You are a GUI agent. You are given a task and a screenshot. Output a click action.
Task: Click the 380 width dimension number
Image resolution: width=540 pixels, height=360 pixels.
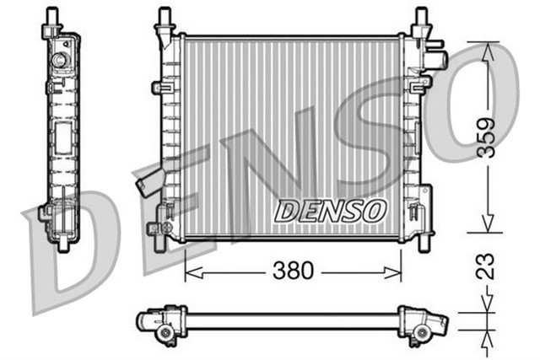292,271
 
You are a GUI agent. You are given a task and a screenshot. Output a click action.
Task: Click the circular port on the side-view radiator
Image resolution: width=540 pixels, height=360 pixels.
60,62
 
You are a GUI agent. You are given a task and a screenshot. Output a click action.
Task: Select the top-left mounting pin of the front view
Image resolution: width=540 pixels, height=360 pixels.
163,17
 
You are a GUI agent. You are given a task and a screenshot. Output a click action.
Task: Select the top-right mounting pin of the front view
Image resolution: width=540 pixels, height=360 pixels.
419,17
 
